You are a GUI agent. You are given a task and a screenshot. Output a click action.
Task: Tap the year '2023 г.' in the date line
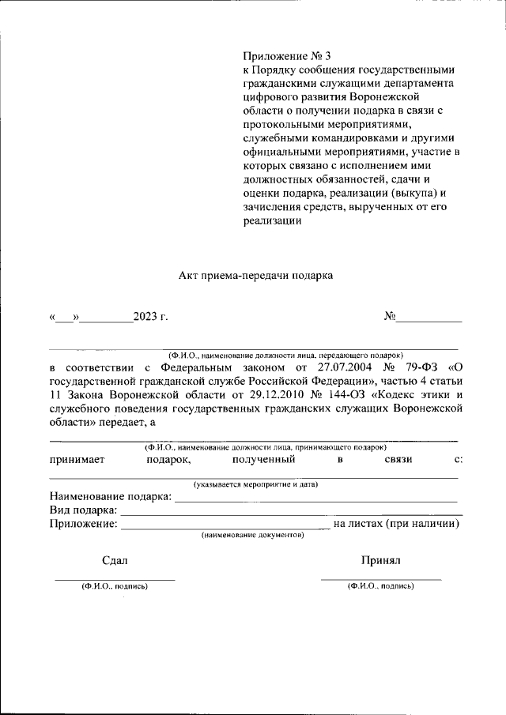[x=151, y=318]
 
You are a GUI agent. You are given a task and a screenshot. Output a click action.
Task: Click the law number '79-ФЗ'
[x=420, y=367]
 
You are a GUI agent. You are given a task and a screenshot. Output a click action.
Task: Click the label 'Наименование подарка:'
[x=110, y=496]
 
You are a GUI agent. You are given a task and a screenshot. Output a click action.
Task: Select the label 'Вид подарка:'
[x=83, y=510]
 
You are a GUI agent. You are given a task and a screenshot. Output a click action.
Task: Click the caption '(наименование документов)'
[x=252, y=535]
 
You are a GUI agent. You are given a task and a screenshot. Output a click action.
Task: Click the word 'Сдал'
[x=115, y=560]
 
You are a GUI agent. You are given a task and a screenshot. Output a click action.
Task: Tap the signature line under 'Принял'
[x=381, y=579]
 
